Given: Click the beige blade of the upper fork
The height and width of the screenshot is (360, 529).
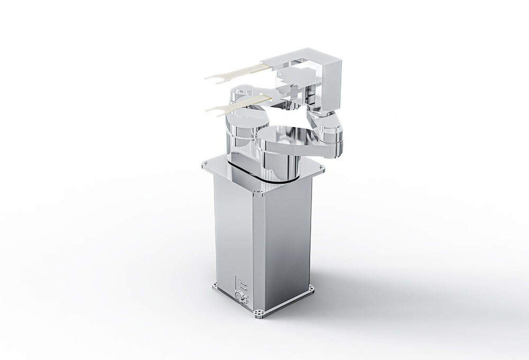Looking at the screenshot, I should click(x=249, y=69).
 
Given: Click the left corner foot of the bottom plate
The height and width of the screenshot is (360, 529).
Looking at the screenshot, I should click(x=215, y=287).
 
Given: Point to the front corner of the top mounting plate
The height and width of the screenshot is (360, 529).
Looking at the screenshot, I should click(x=258, y=192).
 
